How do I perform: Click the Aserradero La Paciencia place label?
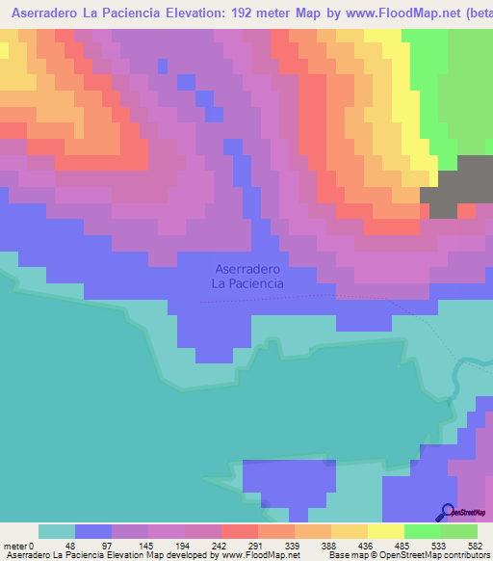(248, 277)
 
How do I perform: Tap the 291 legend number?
(257, 545)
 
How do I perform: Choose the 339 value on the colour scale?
(294, 545)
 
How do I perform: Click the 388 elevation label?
(330, 545)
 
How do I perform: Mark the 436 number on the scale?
(367, 545)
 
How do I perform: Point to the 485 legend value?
(403, 545)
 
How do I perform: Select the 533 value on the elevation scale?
(440, 545)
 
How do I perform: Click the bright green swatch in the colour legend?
(422, 531)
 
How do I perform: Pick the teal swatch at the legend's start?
(56, 531)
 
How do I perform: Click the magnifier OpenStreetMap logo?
(448, 511)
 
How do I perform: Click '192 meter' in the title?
(264, 13)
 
